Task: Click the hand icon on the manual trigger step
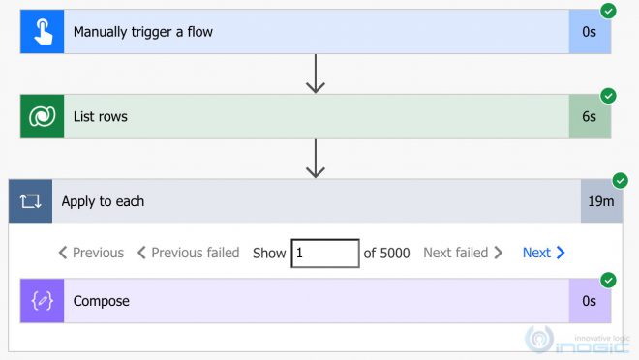coord(42,32)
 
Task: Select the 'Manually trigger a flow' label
coord(143,32)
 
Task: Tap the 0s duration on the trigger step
coord(589,32)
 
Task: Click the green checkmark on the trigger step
coord(608,11)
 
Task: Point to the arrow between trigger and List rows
coord(315,74)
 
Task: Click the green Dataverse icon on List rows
coord(42,117)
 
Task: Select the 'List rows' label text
coord(101,117)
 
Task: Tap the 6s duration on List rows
coord(589,117)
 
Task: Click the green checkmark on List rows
coord(608,96)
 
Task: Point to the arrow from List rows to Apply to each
coord(315,159)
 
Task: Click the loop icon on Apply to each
coord(30,201)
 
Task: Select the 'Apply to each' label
coord(103,201)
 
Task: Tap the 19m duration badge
coord(601,201)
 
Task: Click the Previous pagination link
coord(91,253)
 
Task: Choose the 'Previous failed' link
coord(188,253)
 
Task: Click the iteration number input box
coord(324,253)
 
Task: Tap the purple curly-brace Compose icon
coord(42,301)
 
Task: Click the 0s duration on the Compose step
coord(589,301)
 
